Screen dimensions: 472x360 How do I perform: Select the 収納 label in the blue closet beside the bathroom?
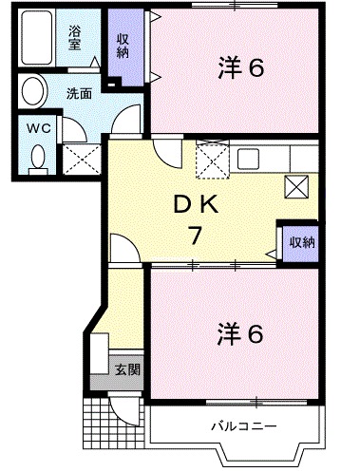(123, 45)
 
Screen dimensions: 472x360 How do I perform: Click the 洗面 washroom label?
(78, 94)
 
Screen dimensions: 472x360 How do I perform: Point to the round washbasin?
(33, 94)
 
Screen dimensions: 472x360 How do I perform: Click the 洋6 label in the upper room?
(243, 69)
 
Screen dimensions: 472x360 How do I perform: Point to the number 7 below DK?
(195, 236)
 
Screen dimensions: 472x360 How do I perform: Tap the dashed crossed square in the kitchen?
(211, 159)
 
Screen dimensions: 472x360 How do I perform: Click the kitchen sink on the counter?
(249, 158)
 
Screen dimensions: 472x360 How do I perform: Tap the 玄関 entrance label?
(126, 368)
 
